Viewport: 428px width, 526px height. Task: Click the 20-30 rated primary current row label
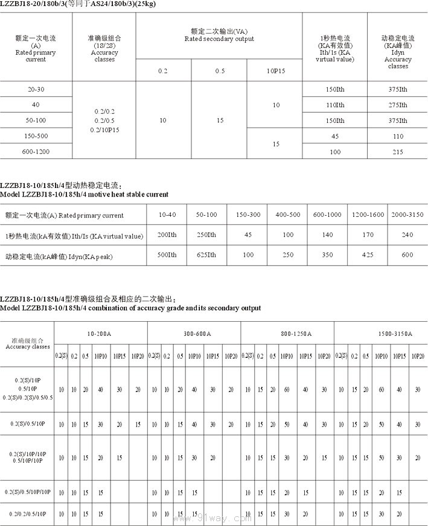click(x=36, y=89)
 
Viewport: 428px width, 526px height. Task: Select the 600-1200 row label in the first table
click(x=36, y=151)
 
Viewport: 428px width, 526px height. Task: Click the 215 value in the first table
click(x=398, y=151)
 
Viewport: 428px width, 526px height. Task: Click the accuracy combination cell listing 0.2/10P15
click(x=104, y=129)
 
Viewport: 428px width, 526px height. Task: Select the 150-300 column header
click(x=248, y=214)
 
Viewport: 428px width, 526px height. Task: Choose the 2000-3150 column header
click(x=407, y=214)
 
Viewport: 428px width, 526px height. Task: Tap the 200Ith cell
click(x=167, y=235)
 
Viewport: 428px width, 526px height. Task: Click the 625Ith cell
click(x=207, y=255)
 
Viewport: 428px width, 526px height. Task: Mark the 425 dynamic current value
click(x=368, y=255)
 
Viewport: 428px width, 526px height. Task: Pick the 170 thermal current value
click(x=368, y=235)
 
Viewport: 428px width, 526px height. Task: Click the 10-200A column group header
click(x=101, y=333)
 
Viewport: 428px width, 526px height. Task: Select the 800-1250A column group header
click(x=287, y=333)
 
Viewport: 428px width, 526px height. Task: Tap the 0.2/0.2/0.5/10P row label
click(x=28, y=514)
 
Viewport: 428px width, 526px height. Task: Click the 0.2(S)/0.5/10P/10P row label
click(x=28, y=492)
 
